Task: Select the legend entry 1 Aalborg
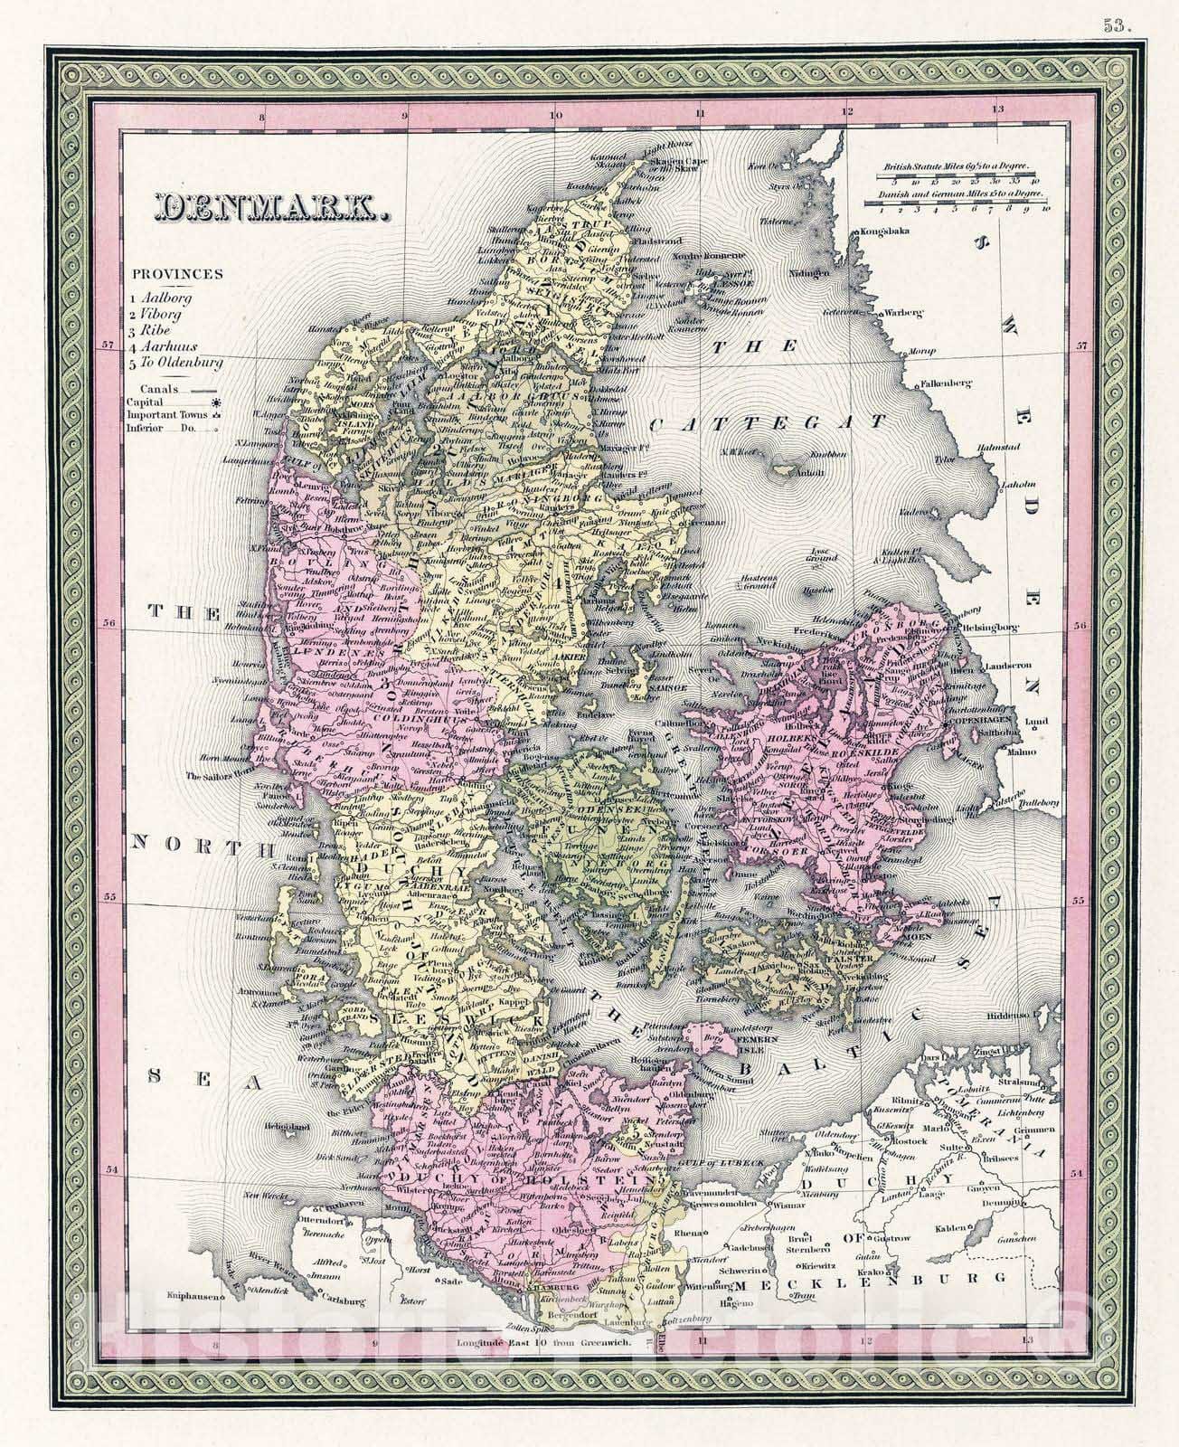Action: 160,297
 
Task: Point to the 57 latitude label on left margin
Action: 108,345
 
